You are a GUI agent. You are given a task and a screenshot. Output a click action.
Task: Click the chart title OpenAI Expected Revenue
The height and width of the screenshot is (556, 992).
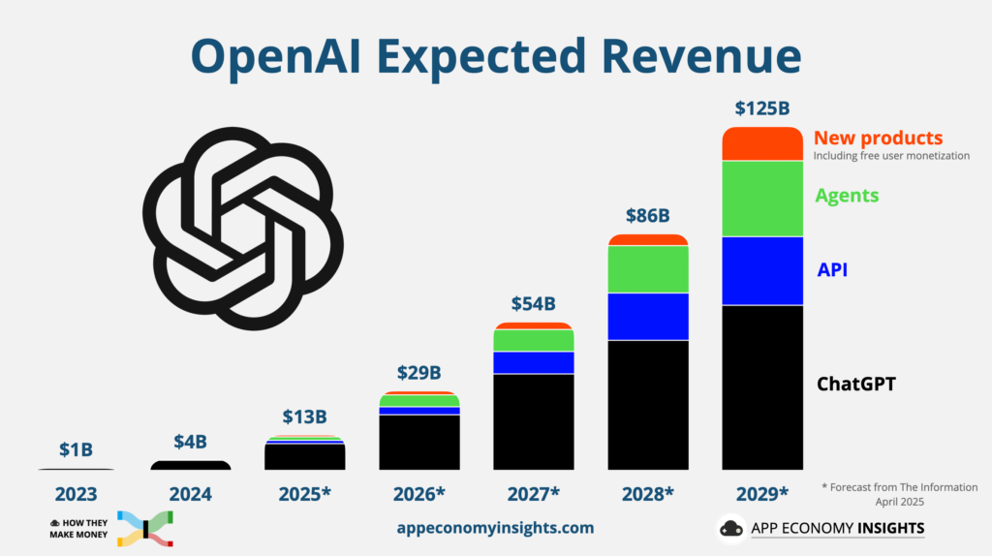496,57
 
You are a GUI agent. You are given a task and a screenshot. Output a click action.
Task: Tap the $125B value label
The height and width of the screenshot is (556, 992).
762,108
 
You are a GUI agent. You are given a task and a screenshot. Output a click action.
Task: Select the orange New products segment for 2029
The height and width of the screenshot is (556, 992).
762,143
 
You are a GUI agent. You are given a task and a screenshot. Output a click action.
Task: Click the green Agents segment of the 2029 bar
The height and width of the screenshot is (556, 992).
762,199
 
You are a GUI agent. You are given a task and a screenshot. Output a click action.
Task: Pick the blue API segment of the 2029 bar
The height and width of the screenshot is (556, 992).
762,271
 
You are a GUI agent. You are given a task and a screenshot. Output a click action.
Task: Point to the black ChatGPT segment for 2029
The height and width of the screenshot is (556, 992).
762,387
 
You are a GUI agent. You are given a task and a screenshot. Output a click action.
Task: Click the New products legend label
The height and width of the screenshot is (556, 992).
878,138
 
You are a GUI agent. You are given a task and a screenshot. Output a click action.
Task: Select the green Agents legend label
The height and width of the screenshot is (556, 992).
847,196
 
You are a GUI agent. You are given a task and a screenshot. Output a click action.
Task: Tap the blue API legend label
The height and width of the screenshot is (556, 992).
832,269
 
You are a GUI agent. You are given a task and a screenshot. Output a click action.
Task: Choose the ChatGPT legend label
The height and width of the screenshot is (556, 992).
856,384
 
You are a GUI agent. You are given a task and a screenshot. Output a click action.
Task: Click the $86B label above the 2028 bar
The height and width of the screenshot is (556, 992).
647,215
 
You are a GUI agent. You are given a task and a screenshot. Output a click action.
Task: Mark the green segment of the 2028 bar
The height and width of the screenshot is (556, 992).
647,269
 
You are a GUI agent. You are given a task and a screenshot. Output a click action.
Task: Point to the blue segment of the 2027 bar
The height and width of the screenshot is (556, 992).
534,362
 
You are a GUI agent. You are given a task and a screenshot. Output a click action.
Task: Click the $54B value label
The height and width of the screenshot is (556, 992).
534,304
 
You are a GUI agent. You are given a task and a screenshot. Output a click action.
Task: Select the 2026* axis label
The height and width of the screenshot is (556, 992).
419,494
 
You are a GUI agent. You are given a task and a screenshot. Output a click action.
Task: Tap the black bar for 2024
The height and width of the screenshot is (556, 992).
191,466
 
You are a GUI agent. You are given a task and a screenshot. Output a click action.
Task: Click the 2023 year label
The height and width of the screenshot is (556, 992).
77,494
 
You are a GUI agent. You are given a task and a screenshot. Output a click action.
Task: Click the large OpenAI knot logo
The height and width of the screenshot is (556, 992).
242,229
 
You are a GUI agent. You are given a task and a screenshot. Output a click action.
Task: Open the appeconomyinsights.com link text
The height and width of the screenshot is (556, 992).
495,528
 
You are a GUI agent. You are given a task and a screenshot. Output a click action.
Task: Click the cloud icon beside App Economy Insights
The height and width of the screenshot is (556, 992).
731,529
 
